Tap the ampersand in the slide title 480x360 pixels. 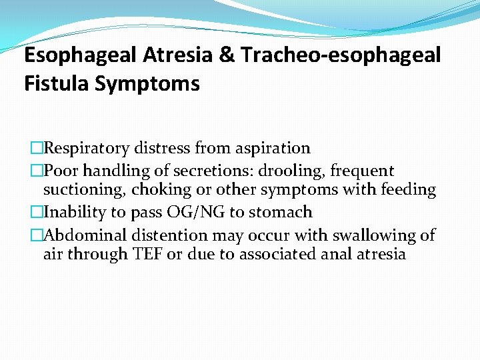coord(226,55)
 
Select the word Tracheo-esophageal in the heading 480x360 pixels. coord(341,55)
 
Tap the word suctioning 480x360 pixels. coord(84,191)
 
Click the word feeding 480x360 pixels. coord(407,191)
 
